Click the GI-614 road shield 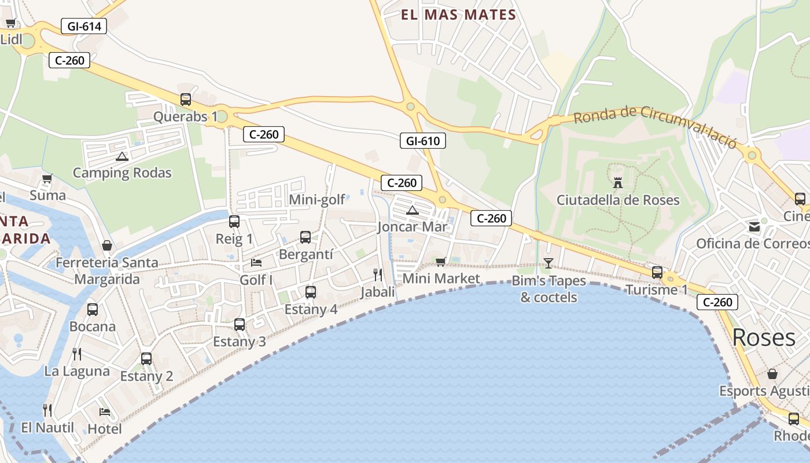(x=84, y=26)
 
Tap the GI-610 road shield (x=423, y=141)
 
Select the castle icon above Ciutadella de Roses (x=618, y=183)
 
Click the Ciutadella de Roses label (x=618, y=200)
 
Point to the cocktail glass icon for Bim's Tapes (x=548, y=263)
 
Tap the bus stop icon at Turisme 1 (x=657, y=272)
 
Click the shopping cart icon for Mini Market (x=441, y=262)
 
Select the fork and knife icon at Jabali (x=378, y=274)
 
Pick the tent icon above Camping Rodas (x=122, y=156)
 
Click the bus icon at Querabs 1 (x=186, y=100)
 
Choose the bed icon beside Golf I (x=256, y=263)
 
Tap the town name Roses (x=764, y=338)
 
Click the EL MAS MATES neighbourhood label (x=458, y=15)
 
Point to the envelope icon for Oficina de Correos (x=754, y=227)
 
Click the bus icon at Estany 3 (x=240, y=325)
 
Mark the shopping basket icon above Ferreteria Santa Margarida (x=107, y=246)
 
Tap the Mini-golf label (x=317, y=200)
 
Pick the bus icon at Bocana (x=93, y=310)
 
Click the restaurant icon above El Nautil (x=47, y=410)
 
